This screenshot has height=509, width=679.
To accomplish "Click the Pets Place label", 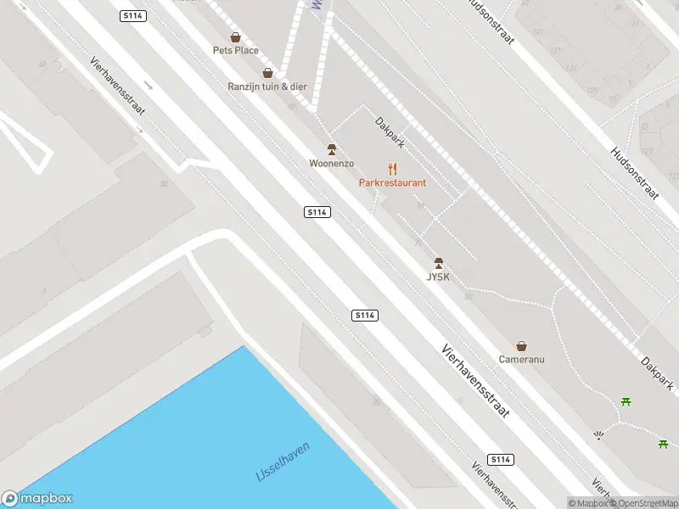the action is [x=235, y=50].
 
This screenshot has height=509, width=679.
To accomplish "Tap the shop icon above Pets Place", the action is [x=235, y=37].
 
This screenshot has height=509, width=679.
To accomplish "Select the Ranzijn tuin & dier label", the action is [x=267, y=87].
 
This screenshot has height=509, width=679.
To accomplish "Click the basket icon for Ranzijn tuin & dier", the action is [x=268, y=73].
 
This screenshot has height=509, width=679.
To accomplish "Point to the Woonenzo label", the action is [x=331, y=163].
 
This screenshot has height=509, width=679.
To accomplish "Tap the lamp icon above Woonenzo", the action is [x=332, y=149].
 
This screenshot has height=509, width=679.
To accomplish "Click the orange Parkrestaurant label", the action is [x=392, y=182].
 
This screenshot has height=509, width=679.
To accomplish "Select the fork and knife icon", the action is [x=392, y=168].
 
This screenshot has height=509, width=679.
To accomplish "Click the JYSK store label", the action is [x=438, y=277].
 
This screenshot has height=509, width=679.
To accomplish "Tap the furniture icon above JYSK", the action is [x=439, y=263].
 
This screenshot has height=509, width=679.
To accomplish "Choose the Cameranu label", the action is [x=521, y=359].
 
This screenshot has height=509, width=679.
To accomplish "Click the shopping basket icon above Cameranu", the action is [x=522, y=345].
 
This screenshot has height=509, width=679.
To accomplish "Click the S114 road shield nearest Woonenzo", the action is [x=317, y=211].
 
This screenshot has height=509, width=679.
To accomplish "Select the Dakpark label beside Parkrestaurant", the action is [x=390, y=133].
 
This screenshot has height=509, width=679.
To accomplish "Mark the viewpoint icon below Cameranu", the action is [x=599, y=436].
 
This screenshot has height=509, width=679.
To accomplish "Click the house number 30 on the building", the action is [x=163, y=183].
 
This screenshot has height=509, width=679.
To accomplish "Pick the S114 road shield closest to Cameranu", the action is [x=502, y=459].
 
